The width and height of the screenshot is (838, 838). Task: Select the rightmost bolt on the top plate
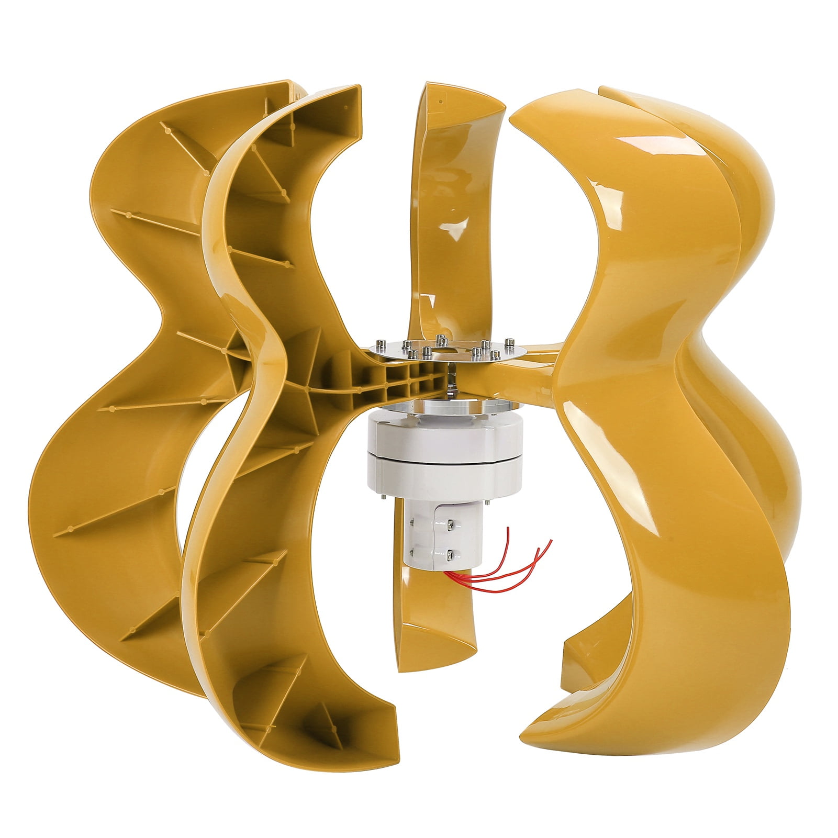[x=507, y=343]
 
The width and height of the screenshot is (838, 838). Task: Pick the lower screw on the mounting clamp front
[x=449, y=551]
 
